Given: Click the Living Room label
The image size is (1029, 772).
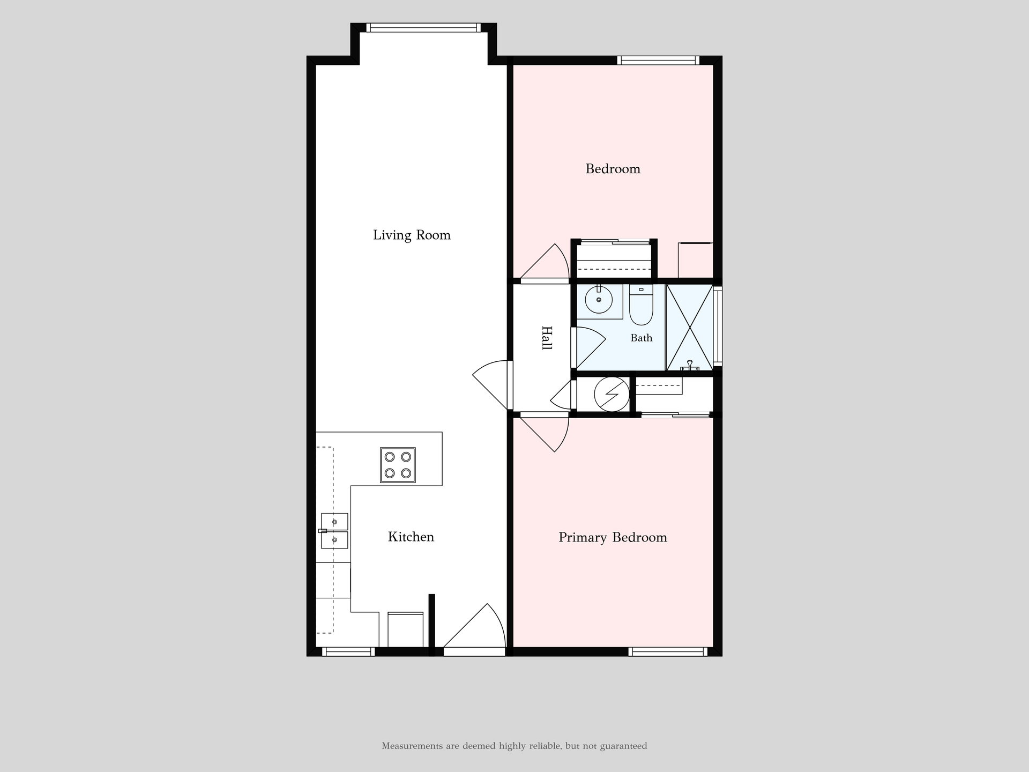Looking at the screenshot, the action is [412, 235].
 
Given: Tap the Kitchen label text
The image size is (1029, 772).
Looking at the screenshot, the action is [411, 537].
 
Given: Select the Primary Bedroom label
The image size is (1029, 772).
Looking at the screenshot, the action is [613, 537].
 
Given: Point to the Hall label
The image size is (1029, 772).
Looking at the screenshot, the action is [546, 338].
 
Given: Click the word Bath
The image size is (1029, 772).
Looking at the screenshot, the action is [642, 338].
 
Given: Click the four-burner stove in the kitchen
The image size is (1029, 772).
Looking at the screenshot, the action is [398, 465].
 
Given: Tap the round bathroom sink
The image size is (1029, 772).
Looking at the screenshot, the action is [599, 300].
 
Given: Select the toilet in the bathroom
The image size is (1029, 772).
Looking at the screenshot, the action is [641, 305].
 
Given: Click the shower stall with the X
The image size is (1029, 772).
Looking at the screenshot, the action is [690, 327].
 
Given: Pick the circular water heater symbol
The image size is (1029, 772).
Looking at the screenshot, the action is [612, 394].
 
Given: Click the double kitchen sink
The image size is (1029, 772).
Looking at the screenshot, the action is [334, 531].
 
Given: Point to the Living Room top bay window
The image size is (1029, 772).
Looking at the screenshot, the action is [423, 28].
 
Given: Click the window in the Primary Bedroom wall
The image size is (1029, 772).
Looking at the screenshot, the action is [668, 651].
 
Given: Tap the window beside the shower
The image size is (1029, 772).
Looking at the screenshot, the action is [718, 326].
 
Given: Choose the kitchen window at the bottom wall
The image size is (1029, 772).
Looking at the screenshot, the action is [348, 651].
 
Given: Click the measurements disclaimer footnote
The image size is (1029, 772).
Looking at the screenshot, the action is [514, 746].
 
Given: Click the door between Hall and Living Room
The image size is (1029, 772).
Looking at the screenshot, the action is [492, 384].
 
